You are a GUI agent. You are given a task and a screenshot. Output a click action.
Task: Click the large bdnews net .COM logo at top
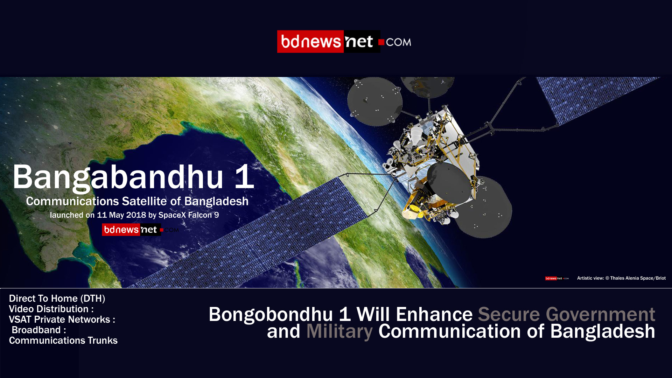coord(344,42)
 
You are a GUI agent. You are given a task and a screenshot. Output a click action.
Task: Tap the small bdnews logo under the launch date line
coord(140,230)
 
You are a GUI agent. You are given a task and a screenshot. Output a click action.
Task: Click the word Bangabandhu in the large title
coord(118,177)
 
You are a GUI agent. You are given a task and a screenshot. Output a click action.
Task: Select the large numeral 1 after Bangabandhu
coord(244,176)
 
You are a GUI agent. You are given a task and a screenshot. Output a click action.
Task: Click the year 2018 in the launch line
coord(136,215)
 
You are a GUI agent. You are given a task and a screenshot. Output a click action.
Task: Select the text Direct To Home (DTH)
coord(57,299)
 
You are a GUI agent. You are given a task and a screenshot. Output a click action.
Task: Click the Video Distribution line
coord(51,309)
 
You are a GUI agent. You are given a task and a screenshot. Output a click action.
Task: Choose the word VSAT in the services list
coord(20,320)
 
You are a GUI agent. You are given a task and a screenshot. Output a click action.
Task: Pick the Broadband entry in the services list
coord(39,330)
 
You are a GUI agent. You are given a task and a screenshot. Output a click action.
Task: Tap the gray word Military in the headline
coord(339,331)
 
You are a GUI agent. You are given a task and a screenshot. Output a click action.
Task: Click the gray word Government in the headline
coord(600,314)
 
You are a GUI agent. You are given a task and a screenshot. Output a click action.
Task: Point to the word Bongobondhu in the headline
coord(271,314)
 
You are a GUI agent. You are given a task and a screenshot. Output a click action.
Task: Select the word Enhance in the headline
coord(434,314)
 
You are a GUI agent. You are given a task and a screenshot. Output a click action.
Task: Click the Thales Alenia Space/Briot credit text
coord(638,278)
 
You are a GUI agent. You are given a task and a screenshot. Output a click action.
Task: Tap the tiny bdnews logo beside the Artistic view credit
coord(557,279)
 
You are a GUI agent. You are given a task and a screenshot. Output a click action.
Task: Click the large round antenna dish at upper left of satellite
coord(375,101)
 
